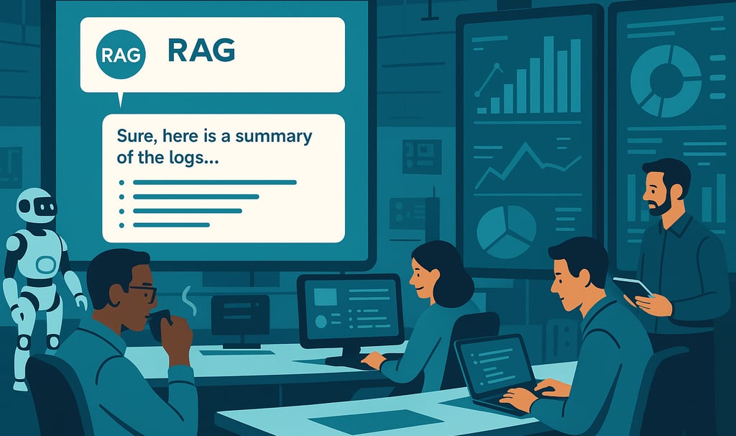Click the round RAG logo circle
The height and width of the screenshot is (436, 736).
(x=121, y=55)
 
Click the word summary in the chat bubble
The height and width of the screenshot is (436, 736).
(x=274, y=137)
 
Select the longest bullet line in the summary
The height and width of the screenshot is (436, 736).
(x=214, y=182)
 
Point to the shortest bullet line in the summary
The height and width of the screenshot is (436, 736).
(x=171, y=225)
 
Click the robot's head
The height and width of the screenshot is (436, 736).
(x=36, y=205)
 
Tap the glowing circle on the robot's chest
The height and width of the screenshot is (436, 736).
(x=45, y=265)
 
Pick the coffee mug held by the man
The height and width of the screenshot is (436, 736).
(x=160, y=324)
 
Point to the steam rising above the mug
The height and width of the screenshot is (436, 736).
(x=189, y=301)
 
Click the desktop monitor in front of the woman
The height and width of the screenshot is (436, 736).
(x=350, y=310)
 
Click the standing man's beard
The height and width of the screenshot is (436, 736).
(x=662, y=204)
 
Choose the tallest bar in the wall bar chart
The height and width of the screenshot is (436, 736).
(x=548, y=75)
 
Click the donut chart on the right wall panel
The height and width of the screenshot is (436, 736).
(x=665, y=81)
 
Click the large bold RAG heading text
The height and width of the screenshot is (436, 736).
(x=201, y=51)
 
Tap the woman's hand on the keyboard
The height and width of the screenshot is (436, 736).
(x=374, y=360)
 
